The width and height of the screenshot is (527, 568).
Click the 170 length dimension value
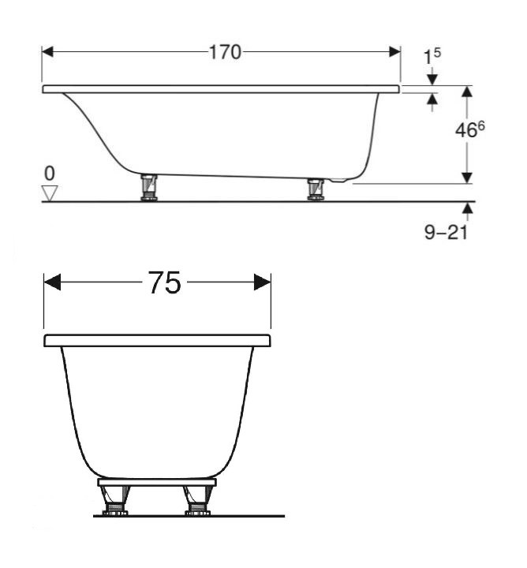coord(225,52)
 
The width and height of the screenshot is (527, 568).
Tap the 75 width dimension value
coord(164,282)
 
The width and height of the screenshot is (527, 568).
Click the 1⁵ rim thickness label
coord(432,58)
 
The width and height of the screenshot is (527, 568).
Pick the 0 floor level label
coord(50,173)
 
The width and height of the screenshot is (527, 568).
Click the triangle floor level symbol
coord(50,192)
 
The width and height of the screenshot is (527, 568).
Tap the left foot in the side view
coord(148,188)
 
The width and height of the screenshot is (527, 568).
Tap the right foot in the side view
coord(316,189)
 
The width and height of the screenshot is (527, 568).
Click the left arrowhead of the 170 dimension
coord(47,52)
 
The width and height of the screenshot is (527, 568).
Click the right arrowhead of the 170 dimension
coord(394,52)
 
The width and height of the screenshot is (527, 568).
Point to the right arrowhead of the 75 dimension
coord(263,282)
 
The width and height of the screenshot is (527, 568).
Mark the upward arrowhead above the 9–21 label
coord(469,208)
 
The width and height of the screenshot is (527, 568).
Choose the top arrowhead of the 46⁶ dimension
coord(466,92)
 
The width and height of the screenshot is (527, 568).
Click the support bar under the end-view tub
coord(156,481)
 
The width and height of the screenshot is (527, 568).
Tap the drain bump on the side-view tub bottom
coord(341,181)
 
